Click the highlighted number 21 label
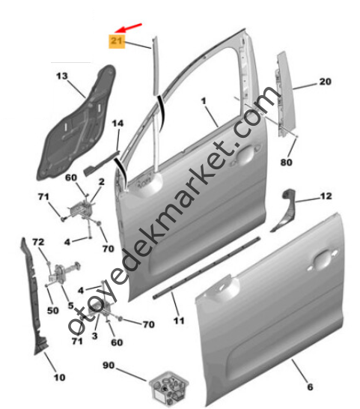[117, 41]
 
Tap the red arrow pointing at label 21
[128, 28]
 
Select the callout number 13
[62, 76]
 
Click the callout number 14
[118, 123]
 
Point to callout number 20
[326, 82]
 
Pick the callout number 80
[286, 163]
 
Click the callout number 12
[326, 196]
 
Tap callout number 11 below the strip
[179, 321]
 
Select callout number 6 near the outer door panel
[310, 387]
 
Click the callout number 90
[109, 366]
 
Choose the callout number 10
[59, 378]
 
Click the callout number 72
[38, 242]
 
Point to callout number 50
[53, 310]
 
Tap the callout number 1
[204, 101]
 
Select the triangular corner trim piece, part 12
[284, 211]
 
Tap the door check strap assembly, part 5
[64, 273]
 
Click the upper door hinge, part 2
[81, 209]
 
